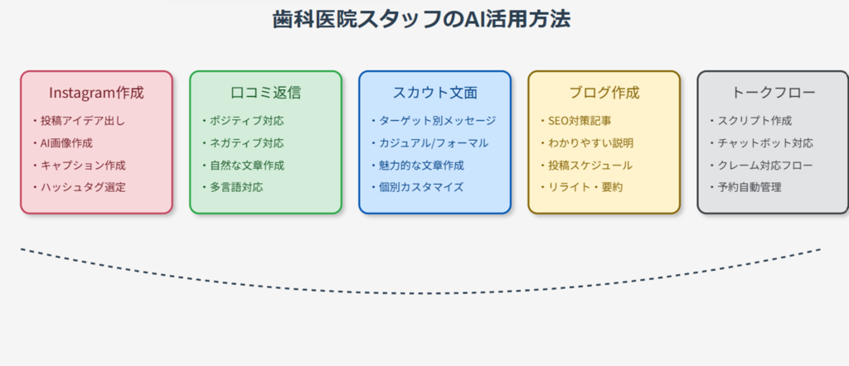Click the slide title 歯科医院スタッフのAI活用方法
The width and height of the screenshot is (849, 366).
pyautogui.click(x=421, y=20)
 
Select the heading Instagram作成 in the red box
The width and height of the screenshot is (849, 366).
pyautogui.click(x=96, y=93)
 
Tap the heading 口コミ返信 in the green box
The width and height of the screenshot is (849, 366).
pyautogui.click(x=266, y=93)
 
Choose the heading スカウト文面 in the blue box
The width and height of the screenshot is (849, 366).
pyautogui.click(x=434, y=93)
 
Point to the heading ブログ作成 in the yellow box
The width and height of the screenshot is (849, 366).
pyautogui.click(x=604, y=93)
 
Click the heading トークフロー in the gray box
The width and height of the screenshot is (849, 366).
pyautogui.click(x=774, y=93)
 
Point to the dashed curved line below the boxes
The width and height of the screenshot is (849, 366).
pyautogui.click(x=420, y=293)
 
